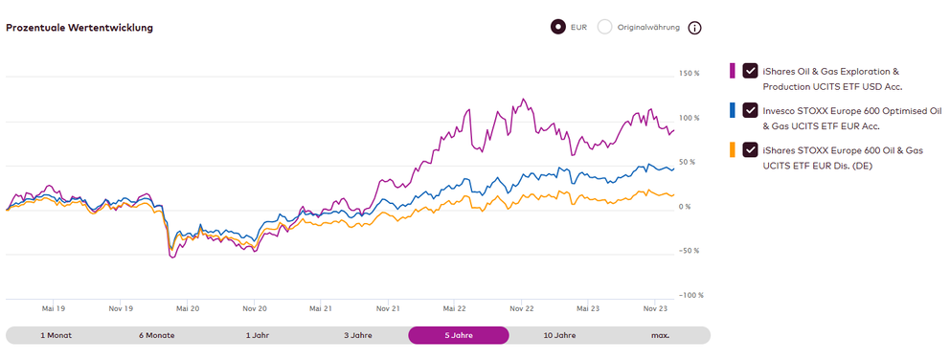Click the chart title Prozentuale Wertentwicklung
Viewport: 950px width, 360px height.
79,28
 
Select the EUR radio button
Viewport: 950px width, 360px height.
557,27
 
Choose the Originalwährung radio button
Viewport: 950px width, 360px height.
604,27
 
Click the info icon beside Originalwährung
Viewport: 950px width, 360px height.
695,28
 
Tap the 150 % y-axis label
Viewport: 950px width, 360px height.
690,74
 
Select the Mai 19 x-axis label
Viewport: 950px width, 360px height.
54,309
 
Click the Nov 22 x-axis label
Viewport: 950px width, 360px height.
521,309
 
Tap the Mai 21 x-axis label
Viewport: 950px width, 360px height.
320,309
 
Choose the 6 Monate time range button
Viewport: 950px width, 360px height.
155,335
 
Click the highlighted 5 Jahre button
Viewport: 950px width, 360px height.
458,335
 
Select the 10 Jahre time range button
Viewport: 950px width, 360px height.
559,335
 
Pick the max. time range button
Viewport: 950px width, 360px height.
660,335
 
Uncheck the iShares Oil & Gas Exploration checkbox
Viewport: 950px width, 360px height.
750,71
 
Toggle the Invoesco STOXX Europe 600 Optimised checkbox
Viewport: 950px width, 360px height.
750,110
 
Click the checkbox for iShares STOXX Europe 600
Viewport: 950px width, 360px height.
750,149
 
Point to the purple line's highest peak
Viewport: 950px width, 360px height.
522,98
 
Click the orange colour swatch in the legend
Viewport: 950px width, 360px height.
733,149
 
